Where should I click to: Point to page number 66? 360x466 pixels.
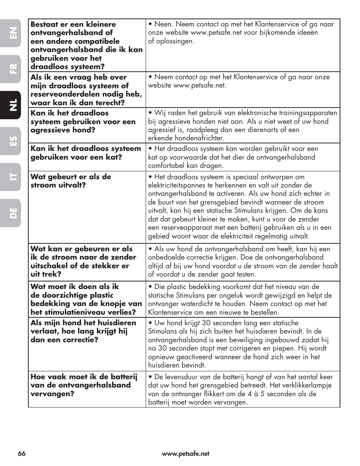[x=22, y=454]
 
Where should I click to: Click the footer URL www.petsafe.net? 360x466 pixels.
[x=185, y=454]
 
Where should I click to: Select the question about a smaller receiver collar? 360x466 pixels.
[x=86, y=45]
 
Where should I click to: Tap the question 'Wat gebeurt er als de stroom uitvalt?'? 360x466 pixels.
[x=71, y=181]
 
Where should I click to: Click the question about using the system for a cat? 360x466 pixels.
[x=86, y=153]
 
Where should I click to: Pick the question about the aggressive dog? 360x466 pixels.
[x=83, y=121]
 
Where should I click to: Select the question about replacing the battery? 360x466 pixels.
[x=84, y=385]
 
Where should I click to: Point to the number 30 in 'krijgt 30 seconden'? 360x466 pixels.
[x=206, y=323]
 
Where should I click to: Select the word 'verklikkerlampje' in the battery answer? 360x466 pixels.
[x=306, y=385]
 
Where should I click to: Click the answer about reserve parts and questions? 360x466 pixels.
[x=239, y=81]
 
